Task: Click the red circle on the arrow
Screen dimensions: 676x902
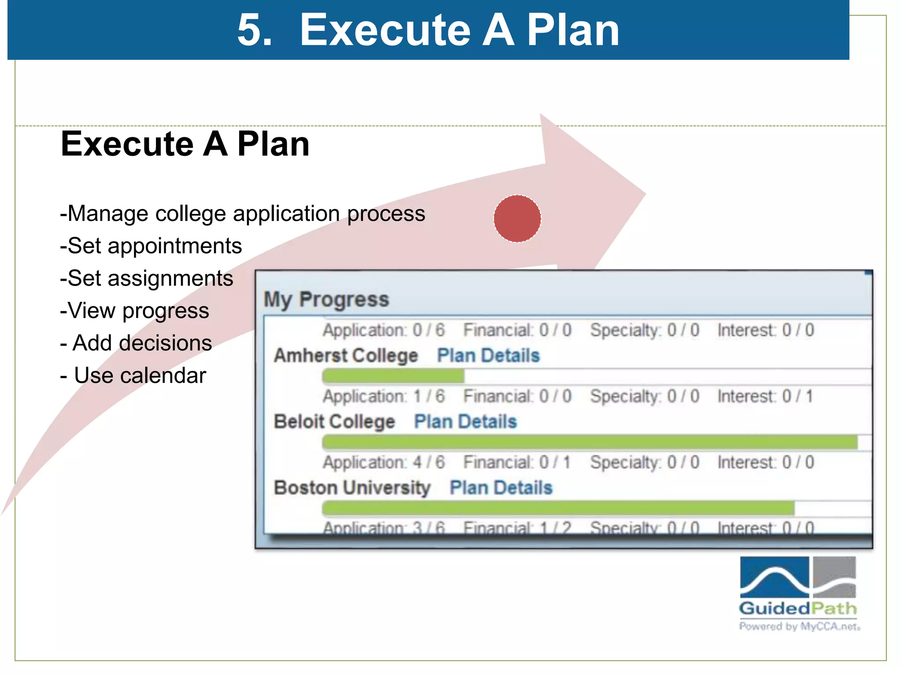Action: pos(517,219)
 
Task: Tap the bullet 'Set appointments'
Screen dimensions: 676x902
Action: pos(151,246)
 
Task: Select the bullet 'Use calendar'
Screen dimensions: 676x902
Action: pos(133,375)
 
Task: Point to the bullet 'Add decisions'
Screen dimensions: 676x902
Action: pos(136,343)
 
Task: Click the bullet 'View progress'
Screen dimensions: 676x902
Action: pos(135,311)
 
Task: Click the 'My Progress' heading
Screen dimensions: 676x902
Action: pos(326,299)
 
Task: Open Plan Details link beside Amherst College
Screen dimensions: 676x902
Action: pos(488,356)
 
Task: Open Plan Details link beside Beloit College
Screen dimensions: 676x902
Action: pos(465,422)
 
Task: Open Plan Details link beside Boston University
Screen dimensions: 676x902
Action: pos(501,488)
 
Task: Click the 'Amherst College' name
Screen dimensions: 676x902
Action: pos(346,356)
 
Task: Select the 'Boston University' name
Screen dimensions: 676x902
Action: pos(352,488)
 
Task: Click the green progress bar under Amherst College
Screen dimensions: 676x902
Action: pos(393,376)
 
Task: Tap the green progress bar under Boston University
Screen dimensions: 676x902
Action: pos(558,509)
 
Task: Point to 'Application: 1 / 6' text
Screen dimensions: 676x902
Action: pos(384,396)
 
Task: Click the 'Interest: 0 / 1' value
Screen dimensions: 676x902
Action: pos(765,396)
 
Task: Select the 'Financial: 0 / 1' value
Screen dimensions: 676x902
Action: pos(517,462)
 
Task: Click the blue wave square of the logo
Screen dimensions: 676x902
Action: pos(774,577)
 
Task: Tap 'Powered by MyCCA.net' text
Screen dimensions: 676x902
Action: pos(799,626)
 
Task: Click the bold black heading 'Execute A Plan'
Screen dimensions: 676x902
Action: pos(185,144)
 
